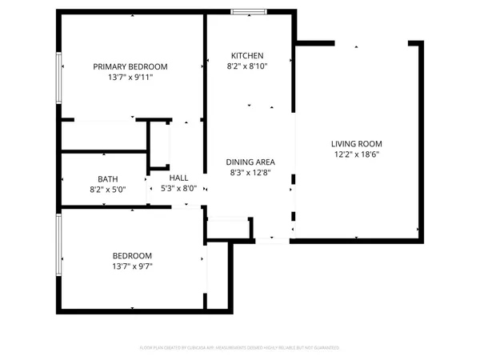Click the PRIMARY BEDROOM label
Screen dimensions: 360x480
coord(130,66)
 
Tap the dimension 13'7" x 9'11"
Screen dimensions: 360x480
coord(130,78)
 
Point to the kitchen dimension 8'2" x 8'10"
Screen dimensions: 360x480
coord(247,66)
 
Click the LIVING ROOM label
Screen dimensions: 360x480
coord(355,144)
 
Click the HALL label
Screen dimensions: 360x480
coord(179,178)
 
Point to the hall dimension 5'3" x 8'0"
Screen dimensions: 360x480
coord(179,189)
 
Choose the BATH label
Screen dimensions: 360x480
coord(108,179)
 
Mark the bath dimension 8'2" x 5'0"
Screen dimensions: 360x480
coord(108,190)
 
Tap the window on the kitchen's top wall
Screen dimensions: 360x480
coord(247,11)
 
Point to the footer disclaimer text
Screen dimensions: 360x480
coord(240,348)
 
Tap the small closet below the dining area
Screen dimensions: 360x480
coord(228,229)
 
